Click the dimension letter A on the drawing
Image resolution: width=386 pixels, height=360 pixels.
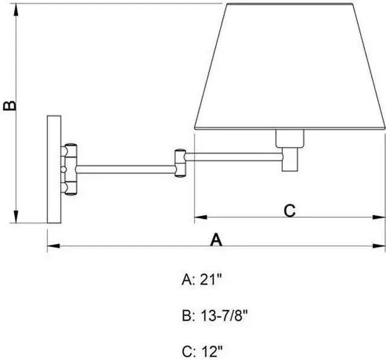[216, 239]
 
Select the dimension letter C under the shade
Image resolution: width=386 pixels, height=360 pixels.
[289, 210]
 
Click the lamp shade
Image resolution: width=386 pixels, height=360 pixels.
[289, 66]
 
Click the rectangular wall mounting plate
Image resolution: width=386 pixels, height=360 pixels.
[54, 169]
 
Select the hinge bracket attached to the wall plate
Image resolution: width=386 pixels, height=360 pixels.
[70, 169]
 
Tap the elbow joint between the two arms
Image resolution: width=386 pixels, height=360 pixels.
[180, 163]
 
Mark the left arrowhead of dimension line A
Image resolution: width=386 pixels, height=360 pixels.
[51, 245]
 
